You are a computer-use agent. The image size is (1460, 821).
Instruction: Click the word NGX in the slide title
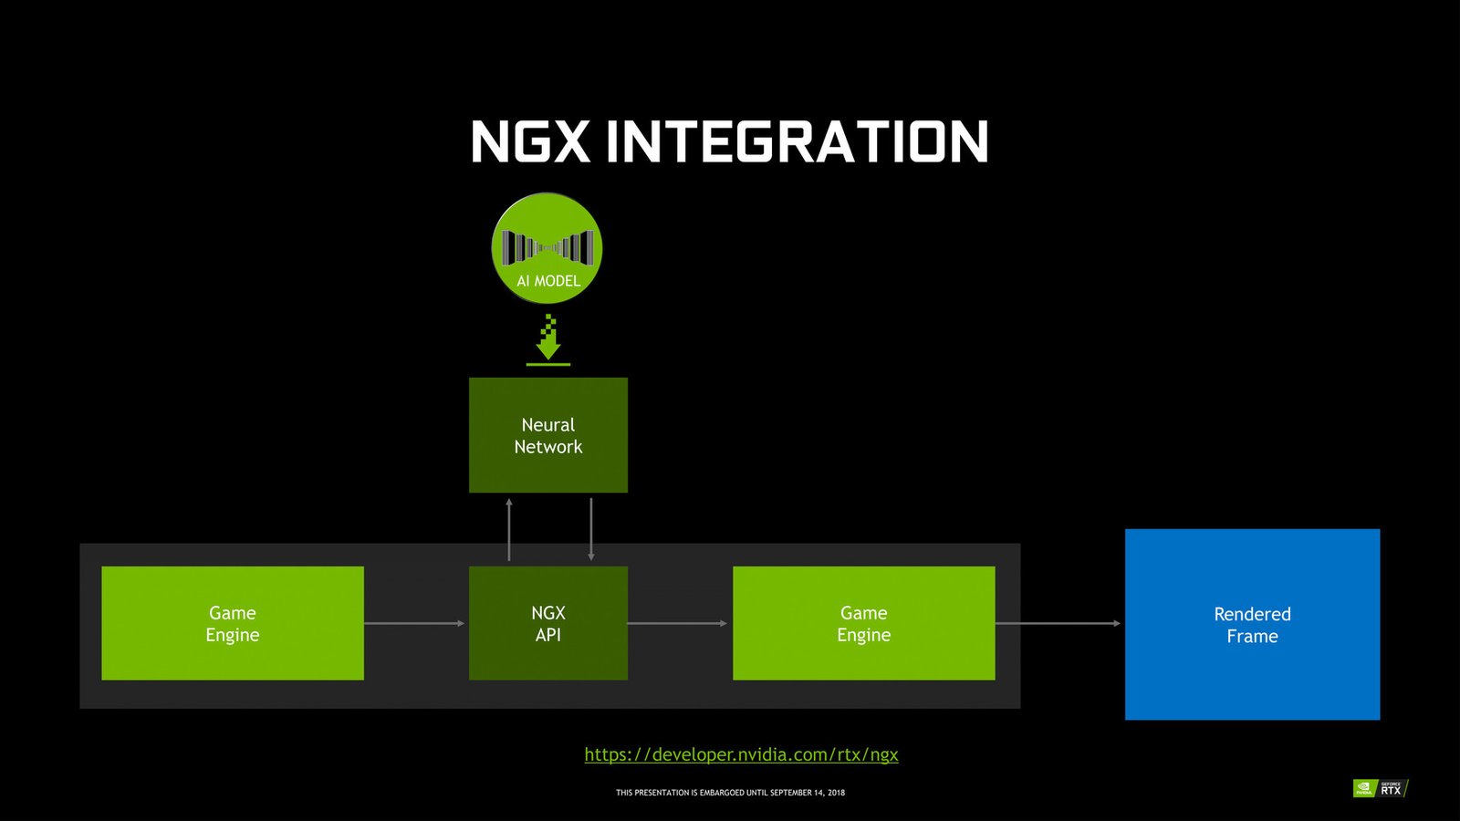pos(530,142)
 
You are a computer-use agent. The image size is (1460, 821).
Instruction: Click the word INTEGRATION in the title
pos(798,142)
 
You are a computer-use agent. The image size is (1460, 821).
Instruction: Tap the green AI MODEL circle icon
pos(547,246)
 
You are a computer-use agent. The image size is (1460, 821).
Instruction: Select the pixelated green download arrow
pos(548,338)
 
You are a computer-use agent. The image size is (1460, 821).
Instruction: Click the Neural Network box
pos(548,435)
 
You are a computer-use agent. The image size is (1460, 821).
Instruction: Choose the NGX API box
pos(548,623)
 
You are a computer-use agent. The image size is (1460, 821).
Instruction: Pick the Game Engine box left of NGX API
pos(233,623)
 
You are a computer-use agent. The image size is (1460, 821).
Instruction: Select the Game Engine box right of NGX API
pos(863,623)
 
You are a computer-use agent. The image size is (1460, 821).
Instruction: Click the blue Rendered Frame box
pos(1252,624)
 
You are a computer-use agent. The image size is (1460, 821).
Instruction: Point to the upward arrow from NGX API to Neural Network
pos(509,529)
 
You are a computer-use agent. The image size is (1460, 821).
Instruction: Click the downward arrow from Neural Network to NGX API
pos(591,529)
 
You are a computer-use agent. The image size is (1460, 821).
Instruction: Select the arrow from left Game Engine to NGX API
pos(415,623)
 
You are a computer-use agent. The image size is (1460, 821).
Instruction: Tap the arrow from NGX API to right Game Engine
pos(678,623)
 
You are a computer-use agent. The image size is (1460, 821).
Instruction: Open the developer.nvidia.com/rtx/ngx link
pos(741,754)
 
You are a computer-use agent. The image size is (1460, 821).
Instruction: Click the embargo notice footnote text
pos(730,793)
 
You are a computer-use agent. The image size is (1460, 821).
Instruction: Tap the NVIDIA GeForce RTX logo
pos(1380,788)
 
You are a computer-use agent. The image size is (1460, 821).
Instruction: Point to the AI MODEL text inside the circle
pos(548,281)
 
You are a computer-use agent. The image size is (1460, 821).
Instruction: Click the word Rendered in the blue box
pos(1252,614)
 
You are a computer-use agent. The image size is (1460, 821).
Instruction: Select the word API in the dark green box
pos(548,635)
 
